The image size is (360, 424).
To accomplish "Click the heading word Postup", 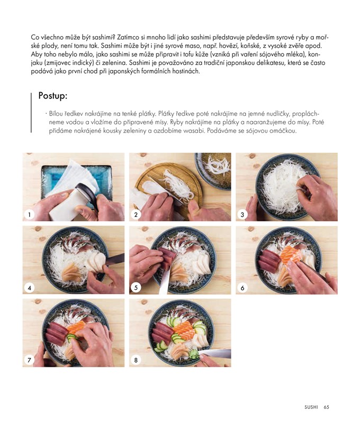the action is [52, 96].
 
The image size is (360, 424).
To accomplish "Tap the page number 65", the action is [326, 407].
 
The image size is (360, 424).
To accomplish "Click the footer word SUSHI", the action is [311, 407].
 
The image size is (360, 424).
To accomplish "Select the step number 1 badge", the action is [29, 215].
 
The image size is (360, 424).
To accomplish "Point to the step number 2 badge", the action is [136, 215].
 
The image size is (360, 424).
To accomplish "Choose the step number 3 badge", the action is [242, 215].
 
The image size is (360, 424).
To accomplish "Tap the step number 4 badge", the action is [29, 288].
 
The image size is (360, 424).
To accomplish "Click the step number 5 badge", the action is [136, 288].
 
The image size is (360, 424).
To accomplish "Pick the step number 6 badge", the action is [242, 288].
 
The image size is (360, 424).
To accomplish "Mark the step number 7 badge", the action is [29, 360].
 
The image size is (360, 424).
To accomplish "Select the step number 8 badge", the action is [136, 360].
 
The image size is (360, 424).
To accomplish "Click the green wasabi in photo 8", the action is [193, 354].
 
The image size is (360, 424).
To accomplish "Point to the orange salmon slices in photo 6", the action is [290, 254].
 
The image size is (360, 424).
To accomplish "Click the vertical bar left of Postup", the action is [31, 112].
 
